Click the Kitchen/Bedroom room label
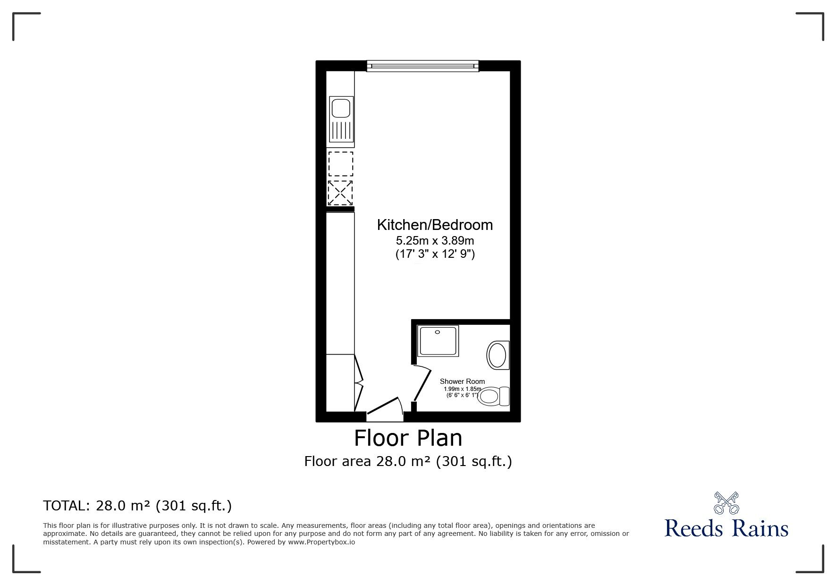435,225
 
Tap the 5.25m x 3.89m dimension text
435,241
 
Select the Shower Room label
462,382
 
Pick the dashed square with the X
340,193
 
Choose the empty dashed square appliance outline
340,164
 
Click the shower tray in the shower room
438,341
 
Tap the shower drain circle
438,332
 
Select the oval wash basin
497,355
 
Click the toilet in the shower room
493,396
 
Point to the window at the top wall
423,66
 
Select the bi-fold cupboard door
358,383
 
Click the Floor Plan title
408,438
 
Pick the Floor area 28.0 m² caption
408,461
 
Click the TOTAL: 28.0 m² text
137,506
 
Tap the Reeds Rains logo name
726,528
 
